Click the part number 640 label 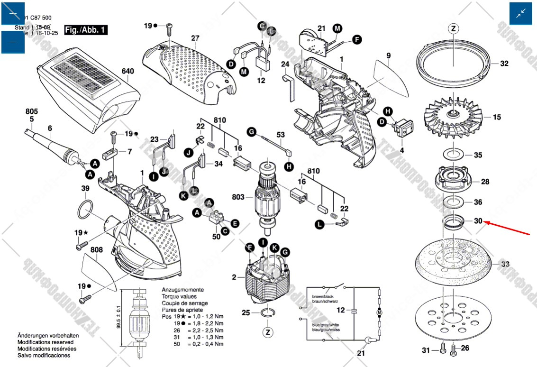127,72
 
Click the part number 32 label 504,64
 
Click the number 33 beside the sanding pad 505,264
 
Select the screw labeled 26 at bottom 453,350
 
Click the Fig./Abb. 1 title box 86,30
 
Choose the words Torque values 179,296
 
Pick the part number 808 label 97,249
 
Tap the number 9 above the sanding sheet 389,55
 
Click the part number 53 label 281,135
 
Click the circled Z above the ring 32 454,29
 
